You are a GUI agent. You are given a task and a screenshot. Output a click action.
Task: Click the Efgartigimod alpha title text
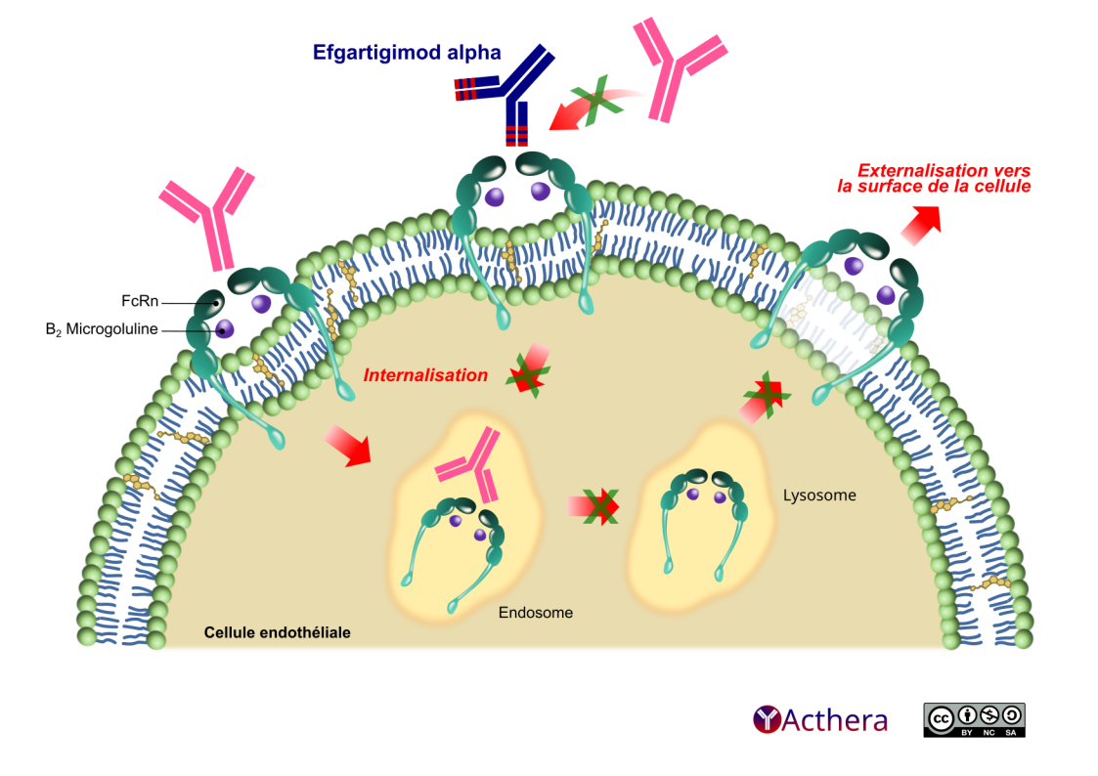tap(407, 54)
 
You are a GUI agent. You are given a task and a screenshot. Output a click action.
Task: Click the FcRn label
tap(141, 300)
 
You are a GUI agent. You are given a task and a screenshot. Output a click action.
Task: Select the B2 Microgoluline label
tap(102, 330)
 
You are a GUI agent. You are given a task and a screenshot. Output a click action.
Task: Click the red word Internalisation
tap(425, 375)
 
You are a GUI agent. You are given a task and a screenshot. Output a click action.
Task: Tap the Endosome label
tap(535, 613)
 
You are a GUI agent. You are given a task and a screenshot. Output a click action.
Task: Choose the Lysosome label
tap(819, 496)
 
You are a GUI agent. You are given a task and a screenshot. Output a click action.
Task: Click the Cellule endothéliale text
tap(277, 632)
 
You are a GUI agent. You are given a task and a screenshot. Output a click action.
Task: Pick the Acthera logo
tap(820, 720)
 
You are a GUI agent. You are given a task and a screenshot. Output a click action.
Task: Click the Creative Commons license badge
tap(974, 719)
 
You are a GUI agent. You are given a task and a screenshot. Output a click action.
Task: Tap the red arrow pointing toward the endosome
tap(347, 444)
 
